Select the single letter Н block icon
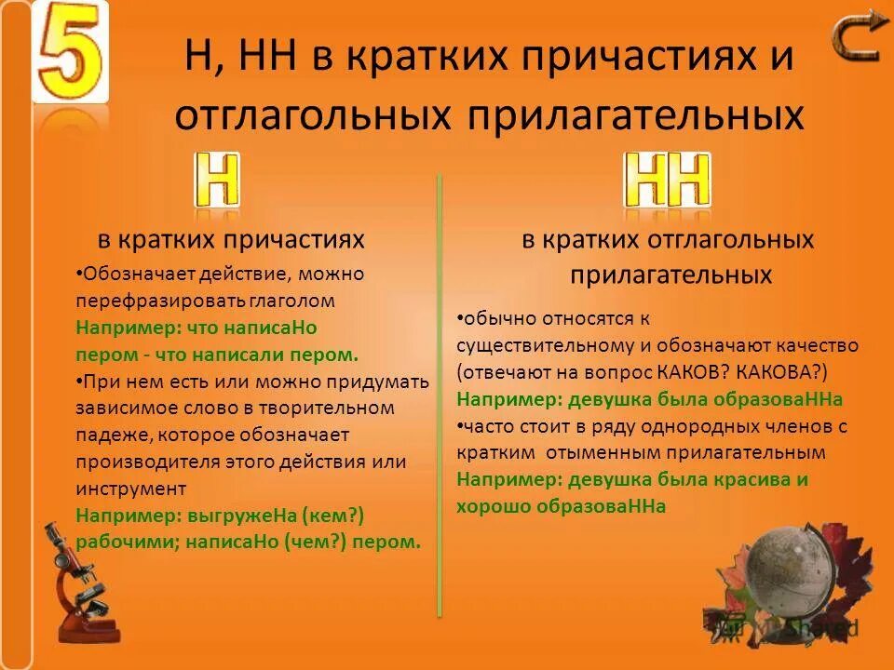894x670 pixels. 217,180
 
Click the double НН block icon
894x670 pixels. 668,180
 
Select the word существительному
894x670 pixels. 545,345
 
